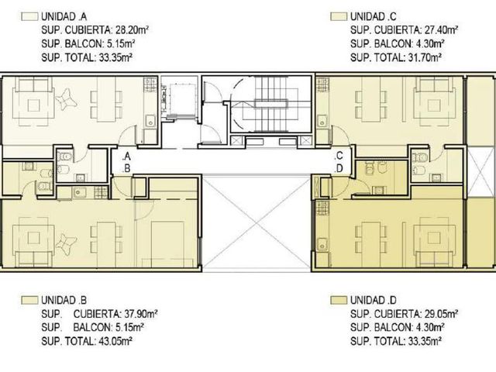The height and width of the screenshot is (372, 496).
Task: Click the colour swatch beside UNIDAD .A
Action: [x=29, y=16]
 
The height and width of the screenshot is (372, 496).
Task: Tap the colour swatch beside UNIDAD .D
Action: [x=339, y=300]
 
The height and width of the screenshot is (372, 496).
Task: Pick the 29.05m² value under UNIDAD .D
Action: [x=441, y=314]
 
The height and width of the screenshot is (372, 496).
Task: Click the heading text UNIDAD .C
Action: [x=374, y=16]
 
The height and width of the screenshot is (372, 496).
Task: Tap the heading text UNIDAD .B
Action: [x=64, y=300]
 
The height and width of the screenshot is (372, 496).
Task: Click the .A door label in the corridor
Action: [x=126, y=156]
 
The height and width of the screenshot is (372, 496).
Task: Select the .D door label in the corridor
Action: [x=339, y=168]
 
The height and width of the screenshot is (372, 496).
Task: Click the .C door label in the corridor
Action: [x=339, y=156]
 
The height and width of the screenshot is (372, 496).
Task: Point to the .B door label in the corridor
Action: [x=126, y=169]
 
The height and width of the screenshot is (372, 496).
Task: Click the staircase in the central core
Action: [x=272, y=105]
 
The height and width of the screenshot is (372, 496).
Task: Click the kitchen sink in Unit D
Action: [x=322, y=245]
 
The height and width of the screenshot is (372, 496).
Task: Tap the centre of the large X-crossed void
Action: [x=257, y=225]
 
